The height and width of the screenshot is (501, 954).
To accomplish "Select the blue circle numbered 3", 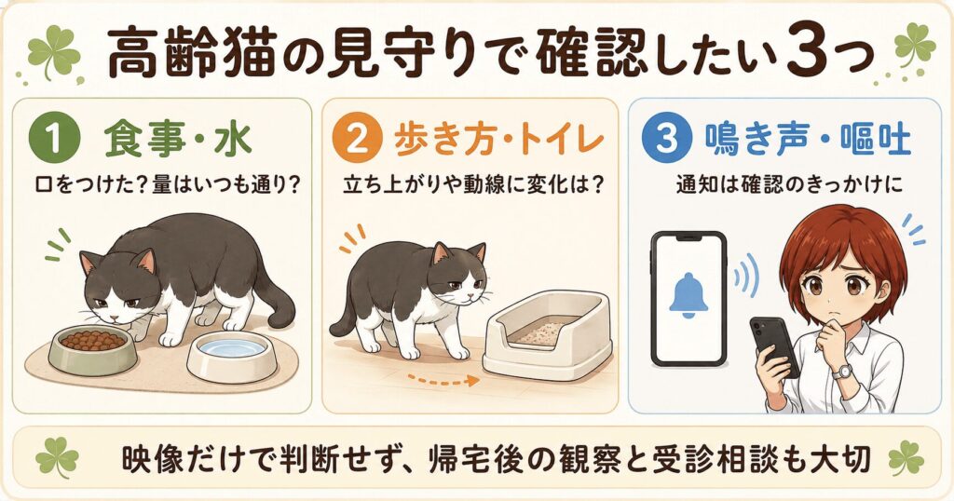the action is (x=666, y=140).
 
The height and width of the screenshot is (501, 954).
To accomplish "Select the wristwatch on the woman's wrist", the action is (x=841, y=372).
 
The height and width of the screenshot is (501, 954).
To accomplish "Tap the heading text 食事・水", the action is (x=177, y=140).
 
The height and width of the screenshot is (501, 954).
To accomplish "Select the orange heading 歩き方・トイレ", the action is (x=498, y=140).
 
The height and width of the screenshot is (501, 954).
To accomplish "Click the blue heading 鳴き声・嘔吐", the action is (x=808, y=140).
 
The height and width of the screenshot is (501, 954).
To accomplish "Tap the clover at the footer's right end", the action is (x=906, y=458).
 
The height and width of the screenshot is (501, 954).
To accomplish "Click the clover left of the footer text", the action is (x=57, y=458).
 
